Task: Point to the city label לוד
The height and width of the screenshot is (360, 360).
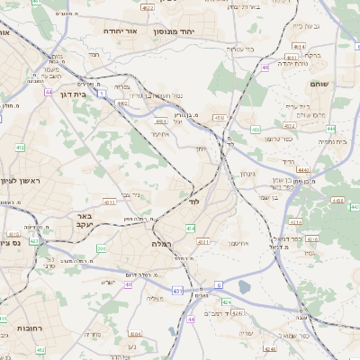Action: click(x=193, y=202)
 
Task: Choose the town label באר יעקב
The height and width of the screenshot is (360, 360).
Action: click(x=85, y=221)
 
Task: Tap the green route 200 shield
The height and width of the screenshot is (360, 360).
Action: click(x=102, y=248)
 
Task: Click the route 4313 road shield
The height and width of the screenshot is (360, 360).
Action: click(x=109, y=202)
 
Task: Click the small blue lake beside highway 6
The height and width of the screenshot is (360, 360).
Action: click(x=245, y=287)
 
